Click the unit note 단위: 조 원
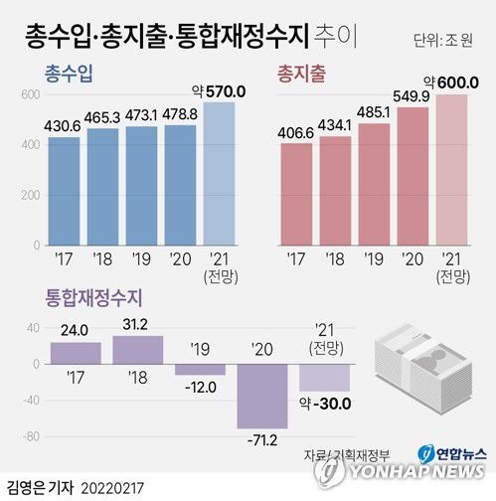pos(445,41)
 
